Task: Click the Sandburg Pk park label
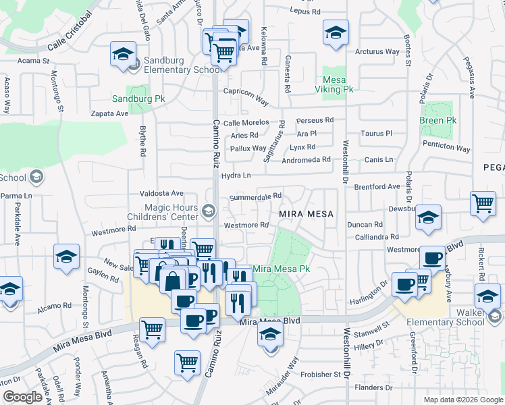coord(138,99)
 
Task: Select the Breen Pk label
coord(437,121)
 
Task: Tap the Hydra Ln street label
coord(236,175)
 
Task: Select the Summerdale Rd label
coord(255,196)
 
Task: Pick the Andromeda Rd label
coord(306,160)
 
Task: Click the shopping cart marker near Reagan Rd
coord(153,329)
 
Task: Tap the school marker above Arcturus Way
coord(335,32)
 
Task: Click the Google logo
coord(23,397)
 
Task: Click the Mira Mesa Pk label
coord(282,269)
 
